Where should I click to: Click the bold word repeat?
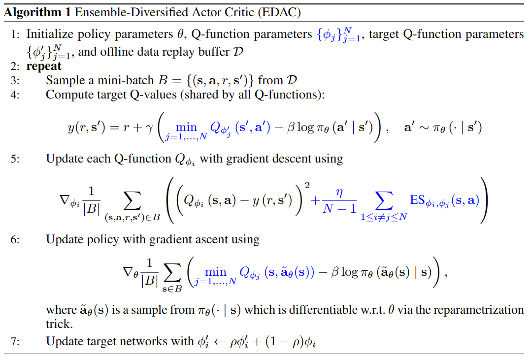(x=44, y=66)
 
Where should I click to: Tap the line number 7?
(x=15, y=341)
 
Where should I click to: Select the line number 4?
(x=15, y=95)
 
